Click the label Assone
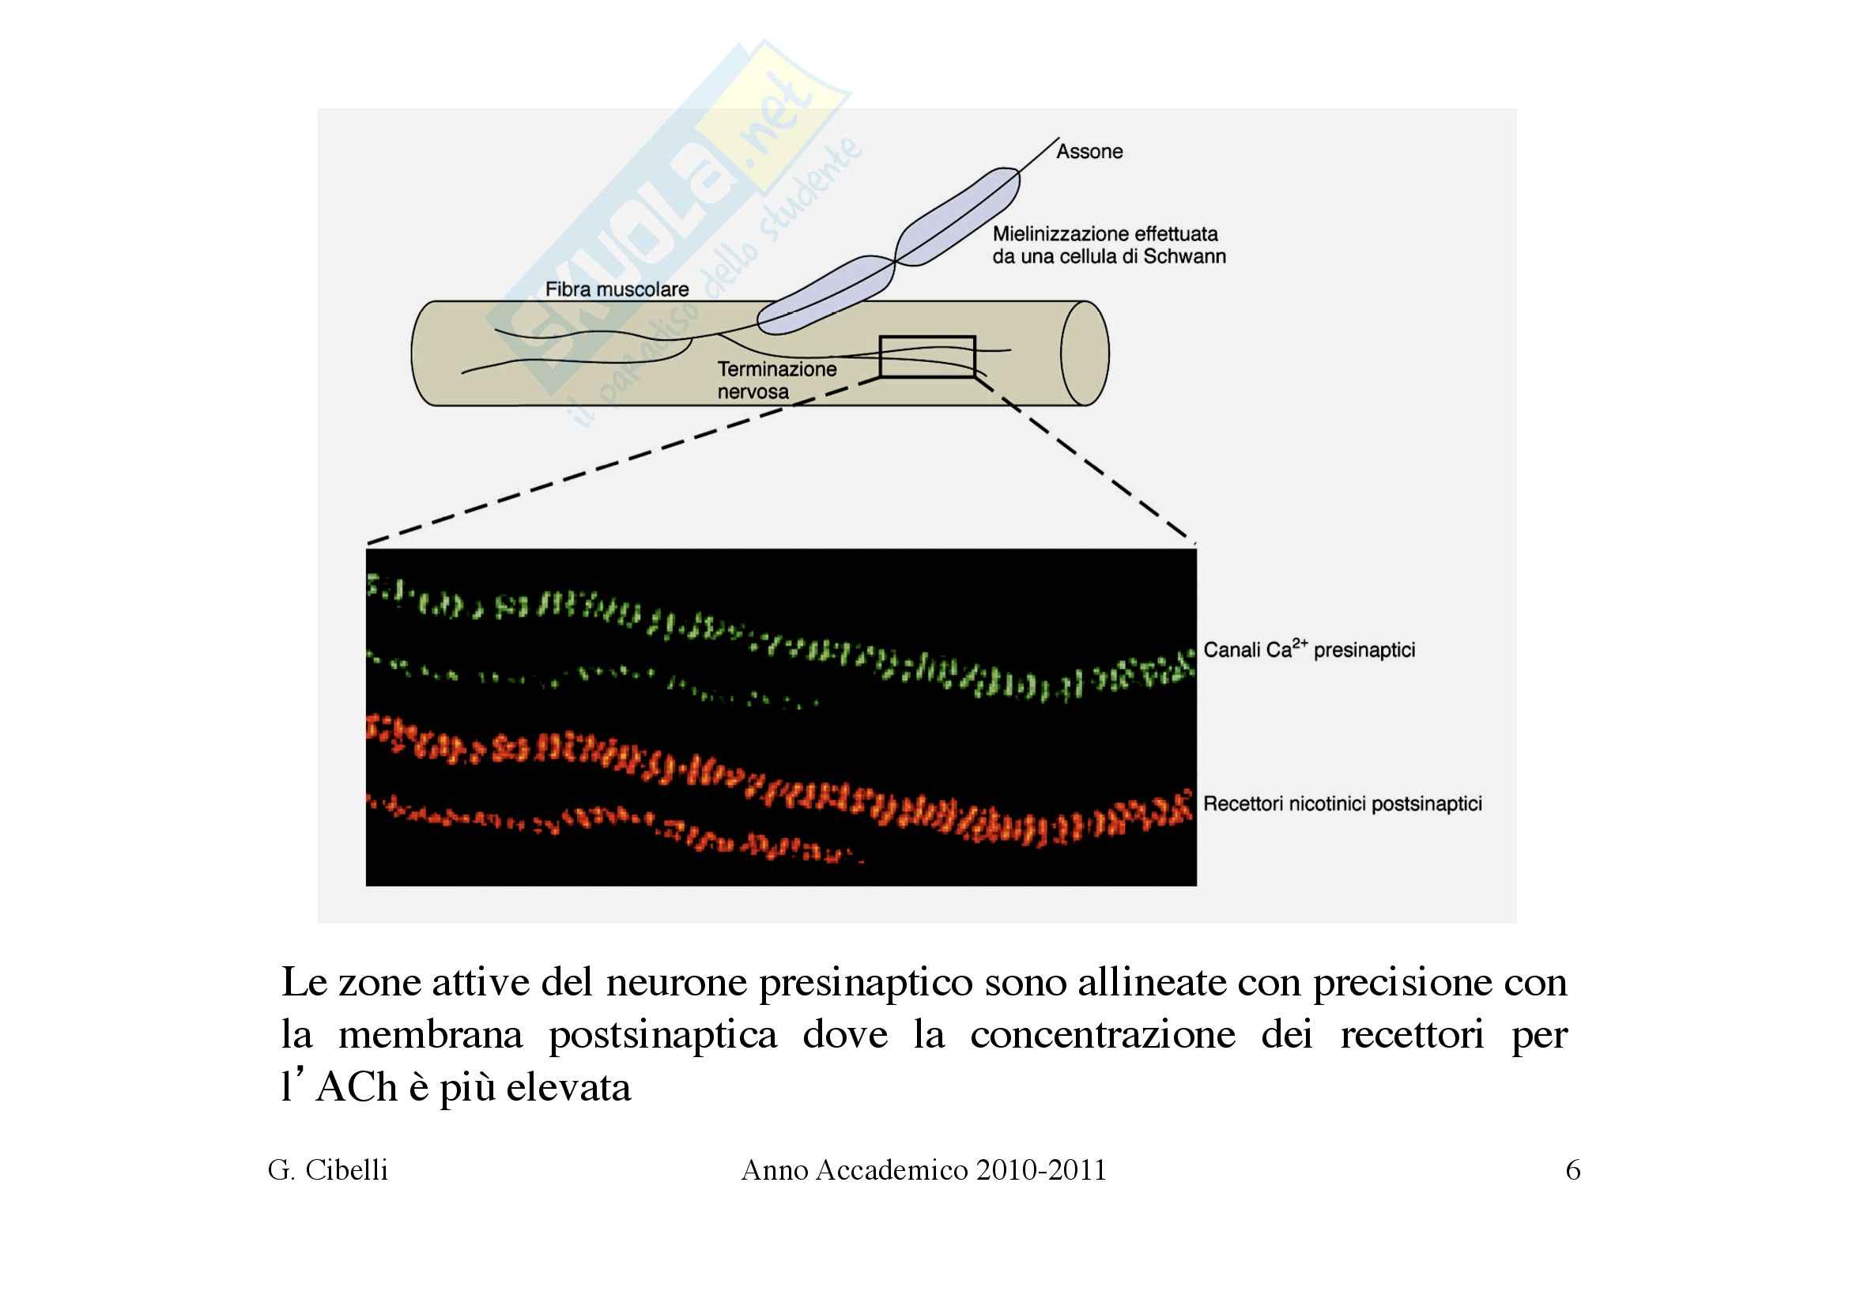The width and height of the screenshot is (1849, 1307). point(1089,151)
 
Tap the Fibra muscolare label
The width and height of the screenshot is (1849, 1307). point(617,289)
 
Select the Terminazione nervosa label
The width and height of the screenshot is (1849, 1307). point(776,380)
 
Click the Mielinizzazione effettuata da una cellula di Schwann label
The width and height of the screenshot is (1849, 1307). point(1108,245)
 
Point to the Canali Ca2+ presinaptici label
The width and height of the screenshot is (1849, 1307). point(1308,649)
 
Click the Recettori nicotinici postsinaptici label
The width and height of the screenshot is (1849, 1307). point(1342,803)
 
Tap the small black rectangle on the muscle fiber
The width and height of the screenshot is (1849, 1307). point(927,356)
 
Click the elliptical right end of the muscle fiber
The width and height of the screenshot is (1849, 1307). point(1084,353)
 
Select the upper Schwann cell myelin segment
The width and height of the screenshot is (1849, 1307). point(958,217)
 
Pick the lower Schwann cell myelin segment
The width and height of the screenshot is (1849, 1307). point(825,296)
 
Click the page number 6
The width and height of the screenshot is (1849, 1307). point(1573,1169)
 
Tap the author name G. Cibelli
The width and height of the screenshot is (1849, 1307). point(328,1169)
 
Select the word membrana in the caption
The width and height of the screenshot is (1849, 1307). point(430,1034)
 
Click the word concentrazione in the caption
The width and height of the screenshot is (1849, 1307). point(1102,1034)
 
